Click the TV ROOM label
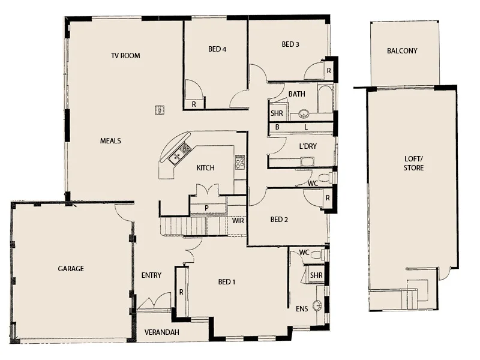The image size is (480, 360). (x=125, y=56)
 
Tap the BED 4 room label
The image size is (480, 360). (x=217, y=49)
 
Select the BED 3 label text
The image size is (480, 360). (x=290, y=44)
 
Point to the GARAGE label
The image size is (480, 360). (x=71, y=269)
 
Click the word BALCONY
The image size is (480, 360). (x=402, y=51)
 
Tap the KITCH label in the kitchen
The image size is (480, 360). (x=206, y=168)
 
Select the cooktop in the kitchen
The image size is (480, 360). (x=240, y=162)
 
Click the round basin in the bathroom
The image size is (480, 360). (x=304, y=113)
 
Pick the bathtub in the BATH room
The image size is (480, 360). (x=325, y=99)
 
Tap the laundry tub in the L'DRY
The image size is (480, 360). (x=307, y=161)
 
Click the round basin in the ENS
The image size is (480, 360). (x=317, y=305)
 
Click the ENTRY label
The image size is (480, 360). (x=151, y=275)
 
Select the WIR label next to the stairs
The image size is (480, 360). (x=238, y=220)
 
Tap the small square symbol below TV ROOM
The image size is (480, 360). (x=160, y=109)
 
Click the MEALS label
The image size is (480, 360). (x=110, y=141)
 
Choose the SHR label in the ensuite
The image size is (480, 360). (x=316, y=275)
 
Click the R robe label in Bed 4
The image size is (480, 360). (x=194, y=104)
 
